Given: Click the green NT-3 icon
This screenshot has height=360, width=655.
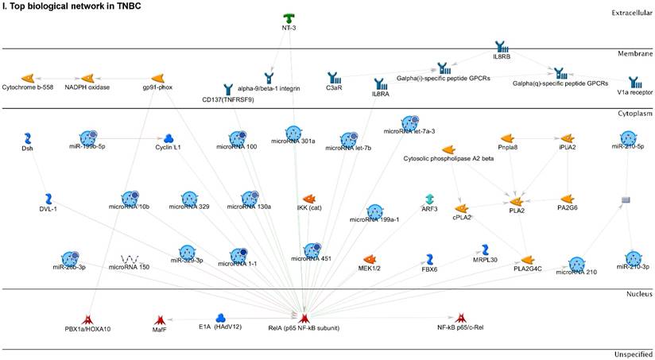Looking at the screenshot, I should [x=289, y=18].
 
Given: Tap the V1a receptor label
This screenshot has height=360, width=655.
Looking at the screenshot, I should [x=634, y=92].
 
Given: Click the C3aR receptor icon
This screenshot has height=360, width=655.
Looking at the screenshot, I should [x=335, y=79].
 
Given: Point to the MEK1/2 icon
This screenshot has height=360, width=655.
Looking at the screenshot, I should [x=369, y=259].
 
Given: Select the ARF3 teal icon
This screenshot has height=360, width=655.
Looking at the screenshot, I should [x=429, y=199].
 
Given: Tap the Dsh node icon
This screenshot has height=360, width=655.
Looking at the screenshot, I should [x=28, y=138].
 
